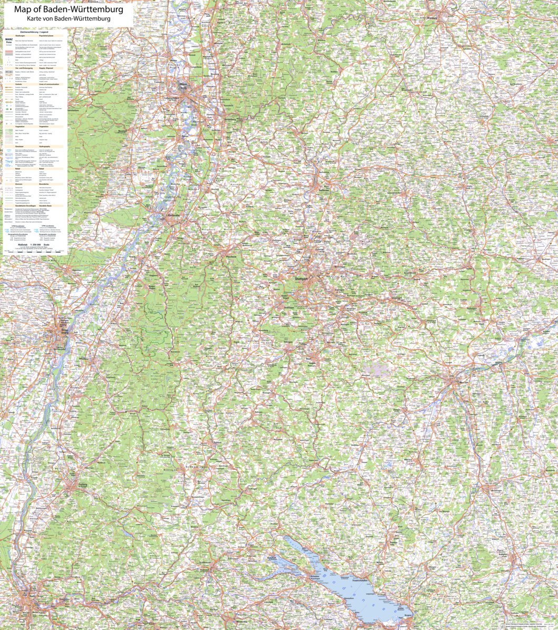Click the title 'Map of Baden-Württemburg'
point(69,9)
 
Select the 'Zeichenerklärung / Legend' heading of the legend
point(36,32)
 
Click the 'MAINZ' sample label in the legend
point(9,39)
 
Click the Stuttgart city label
point(301,278)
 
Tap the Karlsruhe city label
point(175,216)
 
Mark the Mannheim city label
point(184,84)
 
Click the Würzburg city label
point(432,17)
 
